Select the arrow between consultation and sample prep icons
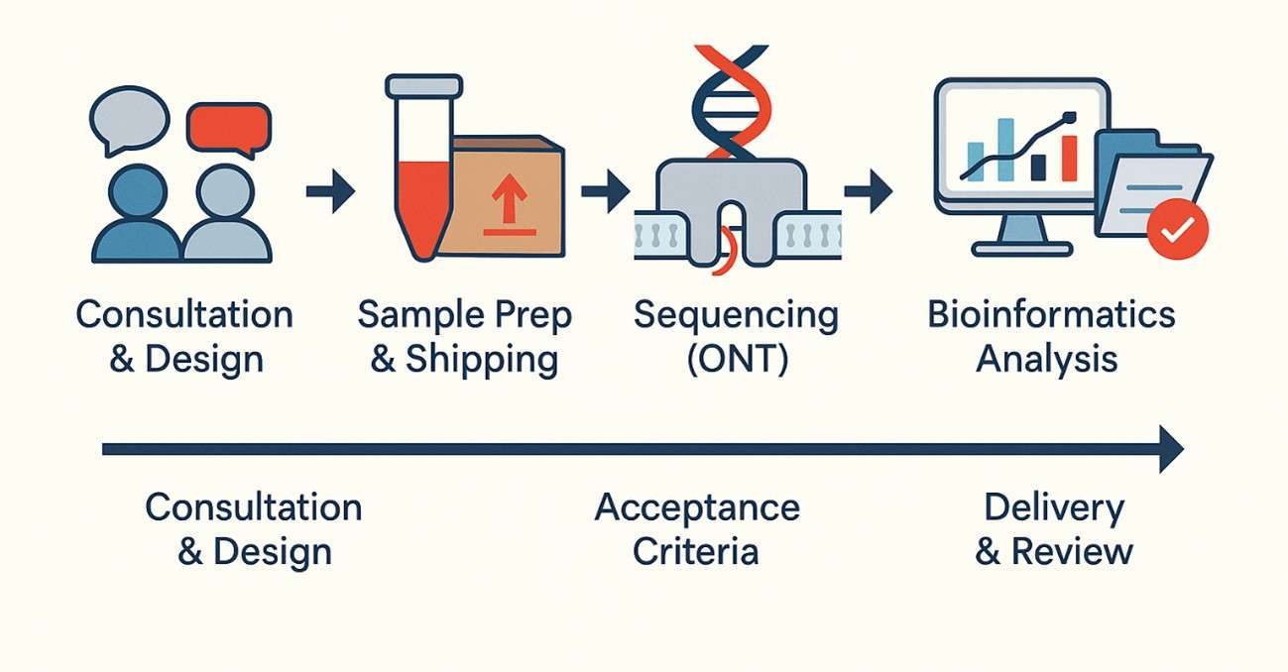coord(330,191)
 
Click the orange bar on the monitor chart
coord(1069,159)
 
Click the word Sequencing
coord(736,315)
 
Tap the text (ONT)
coord(737,359)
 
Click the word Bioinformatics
coord(1050,314)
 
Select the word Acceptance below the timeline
coord(696,507)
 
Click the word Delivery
coord(1054,507)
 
